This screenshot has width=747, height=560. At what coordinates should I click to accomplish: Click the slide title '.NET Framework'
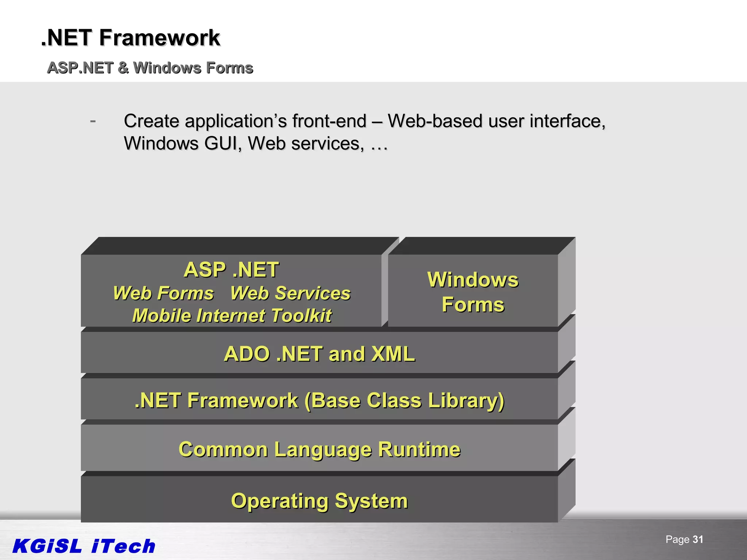tap(131, 38)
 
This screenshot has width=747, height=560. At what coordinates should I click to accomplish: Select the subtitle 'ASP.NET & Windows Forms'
tap(150, 68)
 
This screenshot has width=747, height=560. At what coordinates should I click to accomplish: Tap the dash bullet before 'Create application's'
tap(93, 121)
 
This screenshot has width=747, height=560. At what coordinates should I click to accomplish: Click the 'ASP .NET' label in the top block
tap(231, 270)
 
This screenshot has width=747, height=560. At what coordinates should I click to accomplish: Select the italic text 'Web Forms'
tap(163, 293)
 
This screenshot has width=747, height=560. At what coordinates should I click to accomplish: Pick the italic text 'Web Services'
tap(290, 293)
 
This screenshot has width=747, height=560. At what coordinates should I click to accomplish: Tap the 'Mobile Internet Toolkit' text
tap(232, 316)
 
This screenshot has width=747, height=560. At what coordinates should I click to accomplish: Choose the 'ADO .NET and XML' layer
tap(319, 354)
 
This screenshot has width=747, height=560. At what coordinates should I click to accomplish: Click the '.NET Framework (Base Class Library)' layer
tap(319, 400)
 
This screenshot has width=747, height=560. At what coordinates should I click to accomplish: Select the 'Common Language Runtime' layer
tap(319, 449)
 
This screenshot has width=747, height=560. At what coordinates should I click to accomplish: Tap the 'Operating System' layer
tap(319, 501)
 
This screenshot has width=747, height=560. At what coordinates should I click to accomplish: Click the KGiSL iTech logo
tap(84, 546)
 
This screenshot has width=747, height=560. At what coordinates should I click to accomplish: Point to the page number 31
tap(697, 540)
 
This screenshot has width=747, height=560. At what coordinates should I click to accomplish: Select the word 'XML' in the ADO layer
tap(393, 354)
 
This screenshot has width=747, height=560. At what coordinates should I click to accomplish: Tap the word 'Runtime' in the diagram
tap(419, 449)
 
